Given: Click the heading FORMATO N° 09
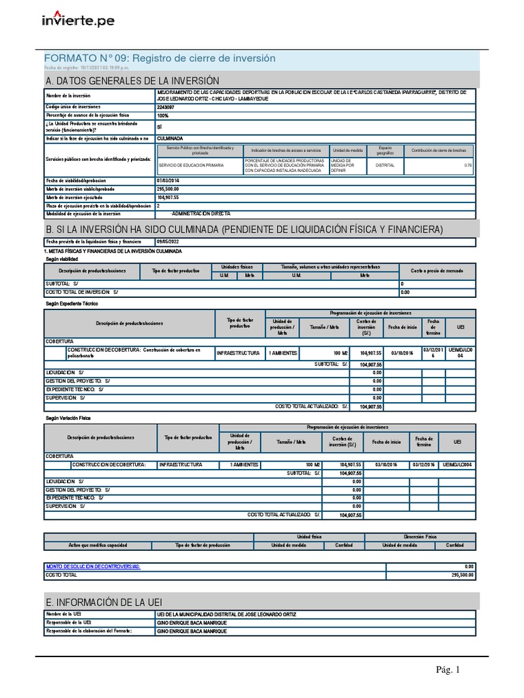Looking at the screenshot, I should pyautogui.click(x=159, y=59).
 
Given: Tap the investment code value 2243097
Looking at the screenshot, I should pyautogui.click(x=165, y=107).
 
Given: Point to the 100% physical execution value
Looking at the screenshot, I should pyautogui.click(x=163, y=115).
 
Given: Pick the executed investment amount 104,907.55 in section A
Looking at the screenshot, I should pyautogui.click(x=168, y=197).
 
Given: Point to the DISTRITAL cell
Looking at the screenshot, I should pyautogui.click(x=380, y=165).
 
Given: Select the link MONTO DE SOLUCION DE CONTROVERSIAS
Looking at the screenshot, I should pyautogui.click(x=93, y=566).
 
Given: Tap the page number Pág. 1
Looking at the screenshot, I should pyautogui.click(x=448, y=670).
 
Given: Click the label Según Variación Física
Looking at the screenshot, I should pyautogui.click(x=68, y=417).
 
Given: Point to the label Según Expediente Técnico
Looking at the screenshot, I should pyautogui.click(x=70, y=303).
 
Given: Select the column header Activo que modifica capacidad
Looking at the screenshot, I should pyautogui.click(x=98, y=545).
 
